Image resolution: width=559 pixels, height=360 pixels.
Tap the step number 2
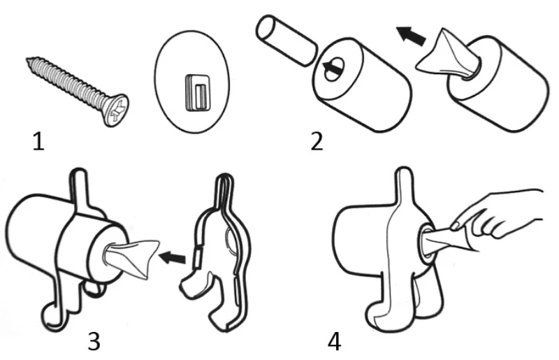coord(317,142)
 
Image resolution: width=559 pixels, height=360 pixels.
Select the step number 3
coord(95,341)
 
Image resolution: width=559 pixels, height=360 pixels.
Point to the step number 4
coord(335,341)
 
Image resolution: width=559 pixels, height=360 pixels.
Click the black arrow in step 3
coord(174,258)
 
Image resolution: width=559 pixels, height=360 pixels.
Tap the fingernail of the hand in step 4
coord(454,225)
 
